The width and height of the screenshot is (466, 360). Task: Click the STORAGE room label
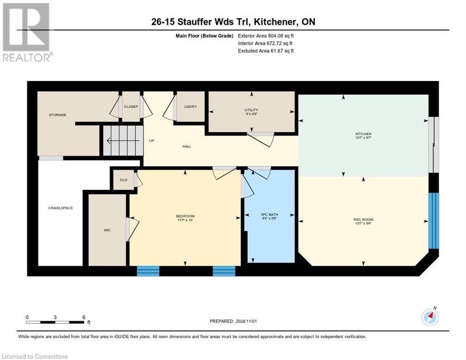click(x=57, y=115)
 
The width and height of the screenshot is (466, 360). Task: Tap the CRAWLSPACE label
click(x=60, y=208)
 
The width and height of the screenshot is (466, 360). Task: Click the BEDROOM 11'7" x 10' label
click(x=185, y=218)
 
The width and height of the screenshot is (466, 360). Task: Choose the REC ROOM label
click(x=363, y=220)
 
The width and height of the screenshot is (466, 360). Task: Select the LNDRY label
click(x=190, y=106)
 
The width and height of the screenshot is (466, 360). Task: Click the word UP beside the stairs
click(x=151, y=141)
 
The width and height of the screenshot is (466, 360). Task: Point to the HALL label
click(x=187, y=146)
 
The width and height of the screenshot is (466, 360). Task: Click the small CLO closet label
click(x=123, y=180)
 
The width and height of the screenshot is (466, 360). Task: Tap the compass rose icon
click(x=430, y=317)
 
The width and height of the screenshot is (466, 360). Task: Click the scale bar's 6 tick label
click(x=83, y=317)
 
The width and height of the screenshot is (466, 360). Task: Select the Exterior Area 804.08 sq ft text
click(x=266, y=36)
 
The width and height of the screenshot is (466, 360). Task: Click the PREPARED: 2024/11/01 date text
click(x=234, y=321)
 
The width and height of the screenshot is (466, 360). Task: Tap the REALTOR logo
click(x=26, y=32)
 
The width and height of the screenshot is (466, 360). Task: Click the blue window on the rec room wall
click(x=434, y=220)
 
